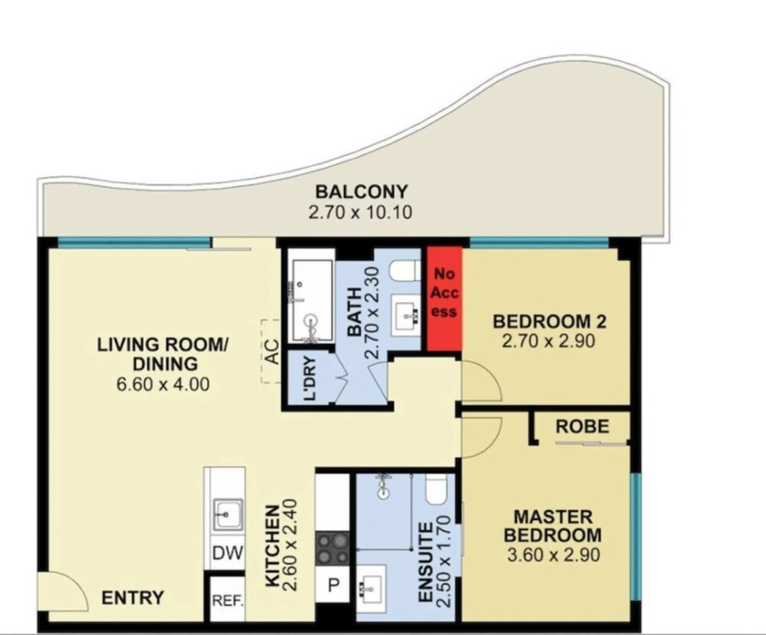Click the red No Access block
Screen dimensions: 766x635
point(444,298)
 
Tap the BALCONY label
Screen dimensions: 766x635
point(361,192)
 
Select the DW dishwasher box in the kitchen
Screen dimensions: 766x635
point(227,553)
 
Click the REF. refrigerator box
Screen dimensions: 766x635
point(227,600)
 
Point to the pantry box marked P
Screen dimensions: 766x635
point(333,585)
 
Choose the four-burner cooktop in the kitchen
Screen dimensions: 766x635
point(333,549)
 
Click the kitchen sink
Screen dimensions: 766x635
point(227,513)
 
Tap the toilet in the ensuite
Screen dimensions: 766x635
point(436,491)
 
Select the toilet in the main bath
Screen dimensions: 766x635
point(405,271)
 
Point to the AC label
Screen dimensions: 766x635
point(272,351)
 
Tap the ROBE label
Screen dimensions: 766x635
point(582,427)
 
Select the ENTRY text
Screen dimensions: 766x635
point(132,598)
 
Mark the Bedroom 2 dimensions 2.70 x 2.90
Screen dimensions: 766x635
point(548,341)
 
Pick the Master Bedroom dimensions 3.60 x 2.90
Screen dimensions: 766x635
point(553,556)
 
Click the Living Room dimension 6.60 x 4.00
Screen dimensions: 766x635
point(163,384)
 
